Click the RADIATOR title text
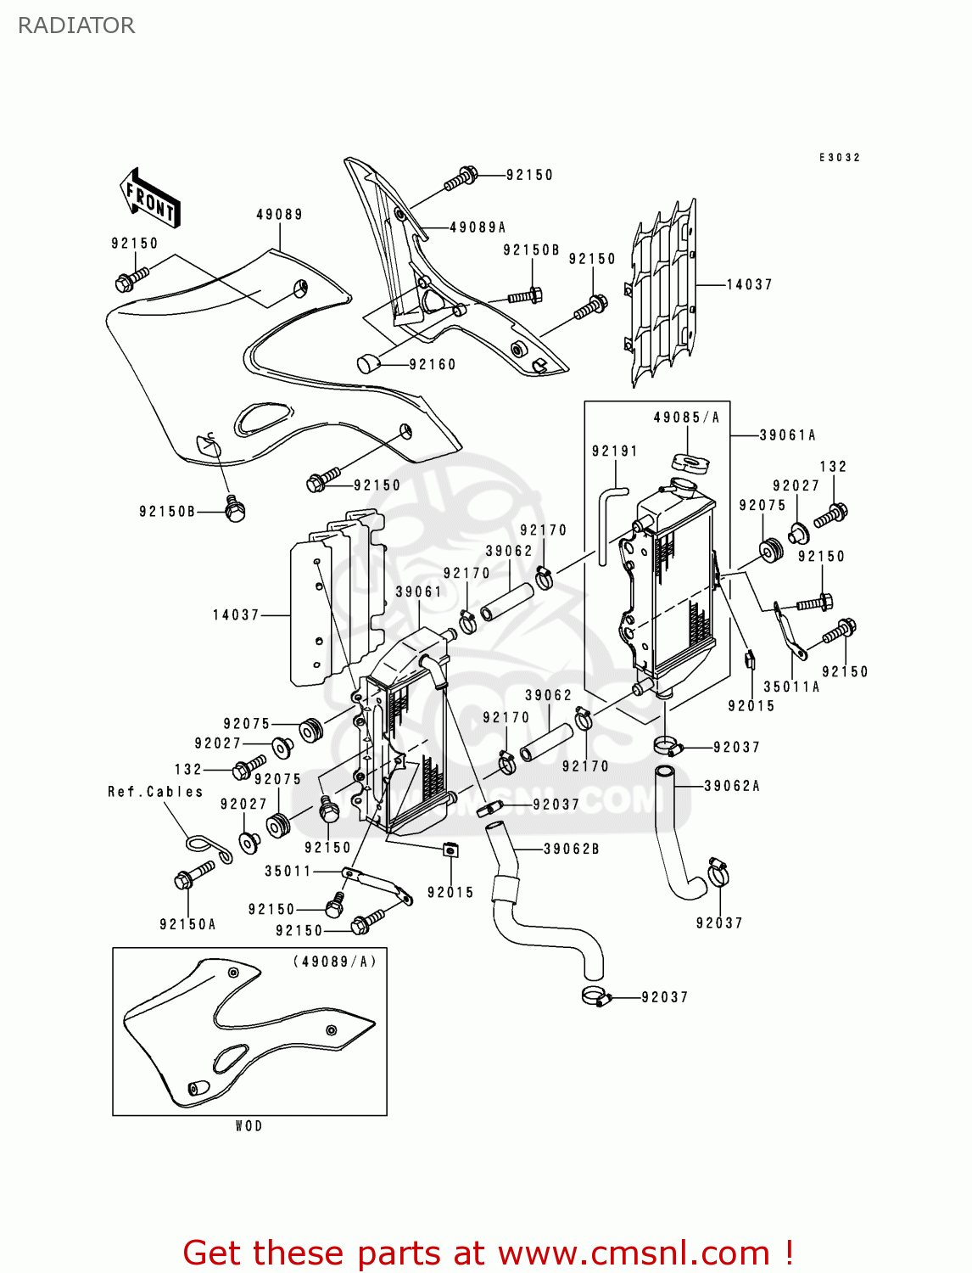(76, 25)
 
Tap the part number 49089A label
(478, 227)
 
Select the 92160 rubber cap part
(367, 363)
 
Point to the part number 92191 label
(614, 451)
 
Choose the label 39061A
(787, 435)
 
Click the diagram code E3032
(839, 158)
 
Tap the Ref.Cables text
(155, 792)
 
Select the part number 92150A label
(187, 924)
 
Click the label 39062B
(571, 849)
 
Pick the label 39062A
(732, 786)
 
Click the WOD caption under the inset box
(249, 1126)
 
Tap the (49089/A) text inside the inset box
(334, 962)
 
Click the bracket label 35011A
(791, 687)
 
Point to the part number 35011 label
(288, 871)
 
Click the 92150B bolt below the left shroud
(235, 510)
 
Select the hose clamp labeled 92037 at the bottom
(596, 996)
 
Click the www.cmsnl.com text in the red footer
(633, 1253)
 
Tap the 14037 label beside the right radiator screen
(749, 284)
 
